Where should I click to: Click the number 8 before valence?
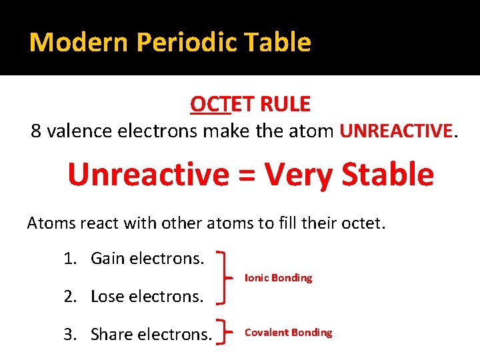click(37, 131)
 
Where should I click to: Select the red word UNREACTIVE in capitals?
click(396, 131)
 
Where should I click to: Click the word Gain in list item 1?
click(109, 258)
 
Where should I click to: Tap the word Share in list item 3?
click(111, 334)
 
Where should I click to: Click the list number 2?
click(68, 297)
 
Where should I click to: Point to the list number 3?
click(68, 334)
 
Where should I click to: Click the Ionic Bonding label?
click(278, 278)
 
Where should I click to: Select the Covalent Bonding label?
click(288, 333)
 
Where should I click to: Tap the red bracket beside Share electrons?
click(227, 333)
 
